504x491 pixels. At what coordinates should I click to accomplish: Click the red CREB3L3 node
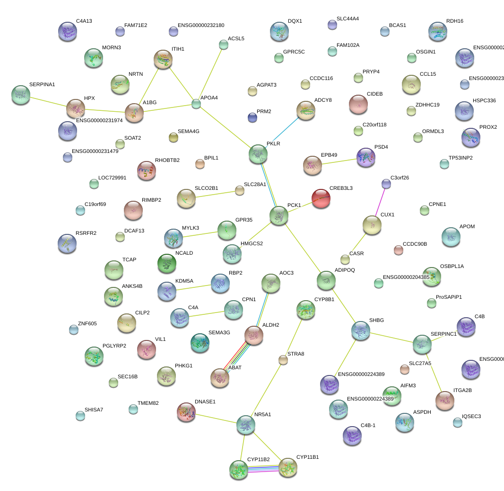point(321,198)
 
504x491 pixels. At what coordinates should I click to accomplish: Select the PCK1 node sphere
point(279,215)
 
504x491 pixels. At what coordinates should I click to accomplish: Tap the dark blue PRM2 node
point(252,117)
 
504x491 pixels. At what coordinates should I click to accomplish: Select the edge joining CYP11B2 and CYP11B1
point(263,469)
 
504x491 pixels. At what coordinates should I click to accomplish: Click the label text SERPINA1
point(42,85)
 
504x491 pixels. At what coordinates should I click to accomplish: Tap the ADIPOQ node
point(326,280)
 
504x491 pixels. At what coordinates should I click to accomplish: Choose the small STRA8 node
point(283,360)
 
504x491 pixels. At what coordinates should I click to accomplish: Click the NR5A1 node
point(245,425)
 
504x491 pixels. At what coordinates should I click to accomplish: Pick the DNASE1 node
point(186,412)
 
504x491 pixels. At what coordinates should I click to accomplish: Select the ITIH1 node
point(163,59)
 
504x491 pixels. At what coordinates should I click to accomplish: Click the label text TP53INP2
point(460,158)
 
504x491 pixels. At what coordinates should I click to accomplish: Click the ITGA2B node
point(445,400)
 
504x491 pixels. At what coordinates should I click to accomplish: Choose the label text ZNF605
point(87,324)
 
